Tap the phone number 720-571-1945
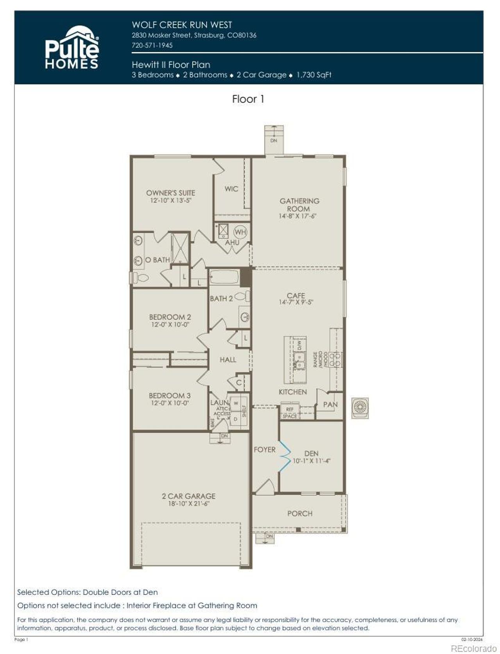[152, 45]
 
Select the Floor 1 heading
[248, 99]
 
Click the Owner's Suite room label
[171, 193]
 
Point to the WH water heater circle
[240, 232]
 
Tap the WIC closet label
[231, 189]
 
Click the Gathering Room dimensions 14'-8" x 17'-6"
[297, 216]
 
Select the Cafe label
[296, 296]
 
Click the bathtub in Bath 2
[224, 278]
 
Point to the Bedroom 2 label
[170, 317]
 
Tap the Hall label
[228, 360]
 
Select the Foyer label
[264, 450]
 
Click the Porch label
[300, 513]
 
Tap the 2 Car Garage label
[189, 496]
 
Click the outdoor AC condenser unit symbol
[360, 408]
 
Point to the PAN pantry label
[330, 405]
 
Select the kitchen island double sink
[299, 360]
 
